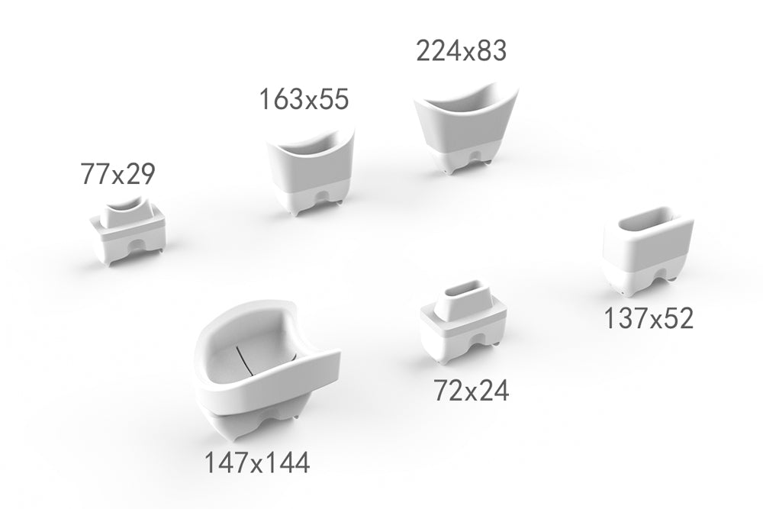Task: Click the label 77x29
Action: point(118,174)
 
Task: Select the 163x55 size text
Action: point(304,98)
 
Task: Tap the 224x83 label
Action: point(462,50)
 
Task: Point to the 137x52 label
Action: point(648,318)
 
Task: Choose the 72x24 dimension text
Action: point(471,391)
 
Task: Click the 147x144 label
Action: point(256,462)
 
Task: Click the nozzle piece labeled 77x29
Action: point(129,230)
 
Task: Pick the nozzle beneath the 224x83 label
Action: point(465,130)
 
